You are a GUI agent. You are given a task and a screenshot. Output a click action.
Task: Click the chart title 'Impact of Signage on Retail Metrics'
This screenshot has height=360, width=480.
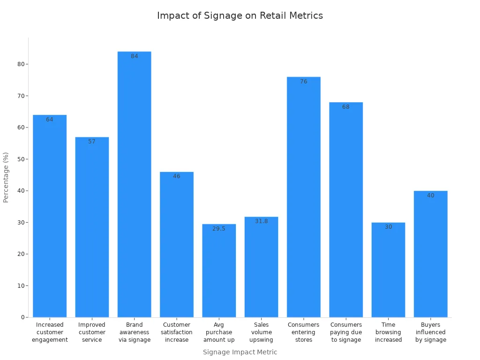pos(240,15)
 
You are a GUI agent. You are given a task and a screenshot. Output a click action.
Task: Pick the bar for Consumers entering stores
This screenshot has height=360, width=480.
pos(304,197)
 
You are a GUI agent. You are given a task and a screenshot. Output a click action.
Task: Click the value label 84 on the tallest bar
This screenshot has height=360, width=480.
pos(135,56)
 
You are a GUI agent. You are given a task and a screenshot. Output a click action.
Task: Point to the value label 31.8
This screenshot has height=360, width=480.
pos(262,221)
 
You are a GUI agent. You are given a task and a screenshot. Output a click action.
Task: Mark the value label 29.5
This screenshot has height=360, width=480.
pos(219,229)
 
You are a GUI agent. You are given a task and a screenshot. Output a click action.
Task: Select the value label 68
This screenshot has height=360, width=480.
pos(346,107)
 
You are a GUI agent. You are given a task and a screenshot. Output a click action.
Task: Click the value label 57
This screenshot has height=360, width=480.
pos(92,142)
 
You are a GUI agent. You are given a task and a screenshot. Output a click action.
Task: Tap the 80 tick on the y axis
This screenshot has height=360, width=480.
pos(21,64)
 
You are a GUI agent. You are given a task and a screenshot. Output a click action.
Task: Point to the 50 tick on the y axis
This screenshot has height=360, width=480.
pos(21,159)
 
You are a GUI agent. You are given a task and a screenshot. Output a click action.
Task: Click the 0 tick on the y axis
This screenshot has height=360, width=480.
pos(22,317)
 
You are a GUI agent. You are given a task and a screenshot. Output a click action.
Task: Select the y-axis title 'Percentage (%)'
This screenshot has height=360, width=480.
pos(6,177)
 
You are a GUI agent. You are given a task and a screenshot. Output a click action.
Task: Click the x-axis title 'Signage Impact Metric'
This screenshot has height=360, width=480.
pos(240,352)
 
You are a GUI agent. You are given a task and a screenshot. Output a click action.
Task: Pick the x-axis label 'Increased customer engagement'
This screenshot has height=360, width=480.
pos(50,332)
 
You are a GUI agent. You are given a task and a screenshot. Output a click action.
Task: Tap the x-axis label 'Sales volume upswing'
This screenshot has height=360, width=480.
pos(262,332)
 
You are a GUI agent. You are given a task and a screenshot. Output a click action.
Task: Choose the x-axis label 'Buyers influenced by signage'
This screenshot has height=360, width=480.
pos(431,332)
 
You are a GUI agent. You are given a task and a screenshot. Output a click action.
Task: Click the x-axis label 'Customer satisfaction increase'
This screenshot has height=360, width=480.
pos(177,332)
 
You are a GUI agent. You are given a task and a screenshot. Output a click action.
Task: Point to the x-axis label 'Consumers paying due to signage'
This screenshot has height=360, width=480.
pos(346,332)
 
